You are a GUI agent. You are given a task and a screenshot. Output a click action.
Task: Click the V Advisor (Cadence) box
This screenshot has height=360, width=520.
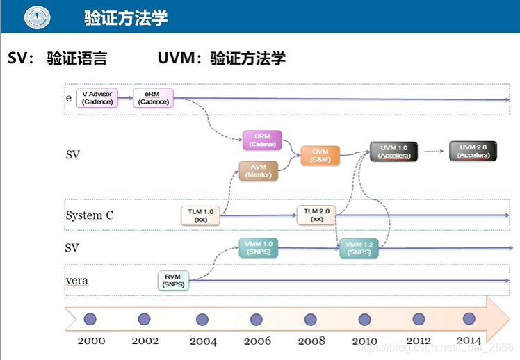point(96,98)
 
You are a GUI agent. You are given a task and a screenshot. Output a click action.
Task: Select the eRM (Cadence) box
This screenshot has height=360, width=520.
point(154,98)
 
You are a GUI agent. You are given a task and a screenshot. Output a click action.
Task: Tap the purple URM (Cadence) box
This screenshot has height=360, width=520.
point(261,140)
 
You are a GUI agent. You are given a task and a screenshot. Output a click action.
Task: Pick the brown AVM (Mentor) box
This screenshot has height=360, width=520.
point(258,171)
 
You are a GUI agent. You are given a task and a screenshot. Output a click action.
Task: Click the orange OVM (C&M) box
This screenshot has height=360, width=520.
point(320,156)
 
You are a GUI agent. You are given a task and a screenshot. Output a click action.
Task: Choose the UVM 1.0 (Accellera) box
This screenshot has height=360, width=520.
point(394,152)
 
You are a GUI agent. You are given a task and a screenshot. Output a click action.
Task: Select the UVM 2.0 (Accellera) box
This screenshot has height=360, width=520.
point(474,151)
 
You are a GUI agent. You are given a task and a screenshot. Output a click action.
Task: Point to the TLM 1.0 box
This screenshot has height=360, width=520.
point(201,215)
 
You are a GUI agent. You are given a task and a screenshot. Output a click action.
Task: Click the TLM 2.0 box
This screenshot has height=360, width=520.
point(316,215)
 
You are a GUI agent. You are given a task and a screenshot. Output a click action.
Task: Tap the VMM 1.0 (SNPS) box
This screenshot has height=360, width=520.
point(258,247)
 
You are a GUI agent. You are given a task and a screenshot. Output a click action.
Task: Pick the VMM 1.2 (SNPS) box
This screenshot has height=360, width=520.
point(359,248)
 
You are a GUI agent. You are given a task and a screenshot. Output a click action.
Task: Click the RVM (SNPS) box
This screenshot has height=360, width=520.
point(173,280)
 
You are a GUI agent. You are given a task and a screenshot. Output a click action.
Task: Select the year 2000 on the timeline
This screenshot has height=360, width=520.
point(91,341)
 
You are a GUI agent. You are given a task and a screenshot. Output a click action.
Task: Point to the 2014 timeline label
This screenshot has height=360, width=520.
point(469,341)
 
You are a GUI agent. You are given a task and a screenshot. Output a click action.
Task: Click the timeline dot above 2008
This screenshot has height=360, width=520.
point(310,319)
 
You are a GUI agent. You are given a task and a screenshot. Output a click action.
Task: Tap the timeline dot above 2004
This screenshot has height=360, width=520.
point(202,319)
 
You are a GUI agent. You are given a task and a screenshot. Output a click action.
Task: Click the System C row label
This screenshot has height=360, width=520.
point(90,215)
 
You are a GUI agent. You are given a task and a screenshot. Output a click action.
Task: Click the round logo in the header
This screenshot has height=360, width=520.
point(37,17)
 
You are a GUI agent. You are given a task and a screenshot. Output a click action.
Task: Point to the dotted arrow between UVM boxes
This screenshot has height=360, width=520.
point(434,151)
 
